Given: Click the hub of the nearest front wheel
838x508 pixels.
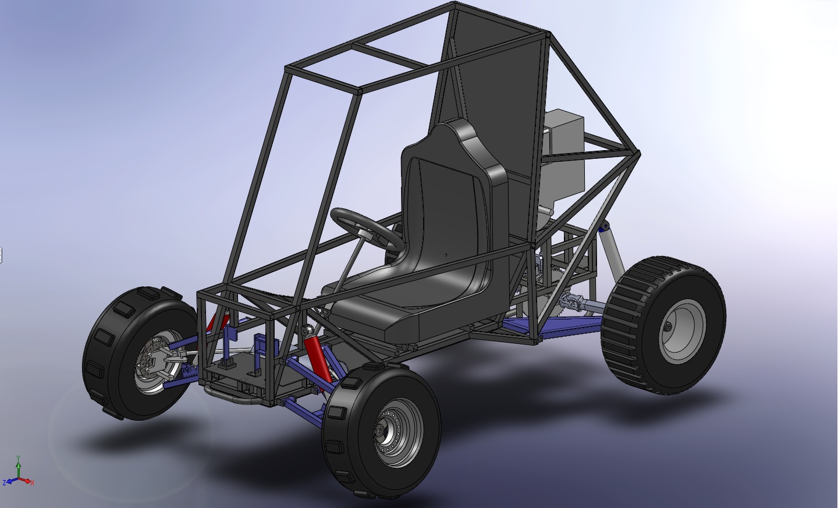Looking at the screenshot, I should (382, 431).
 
